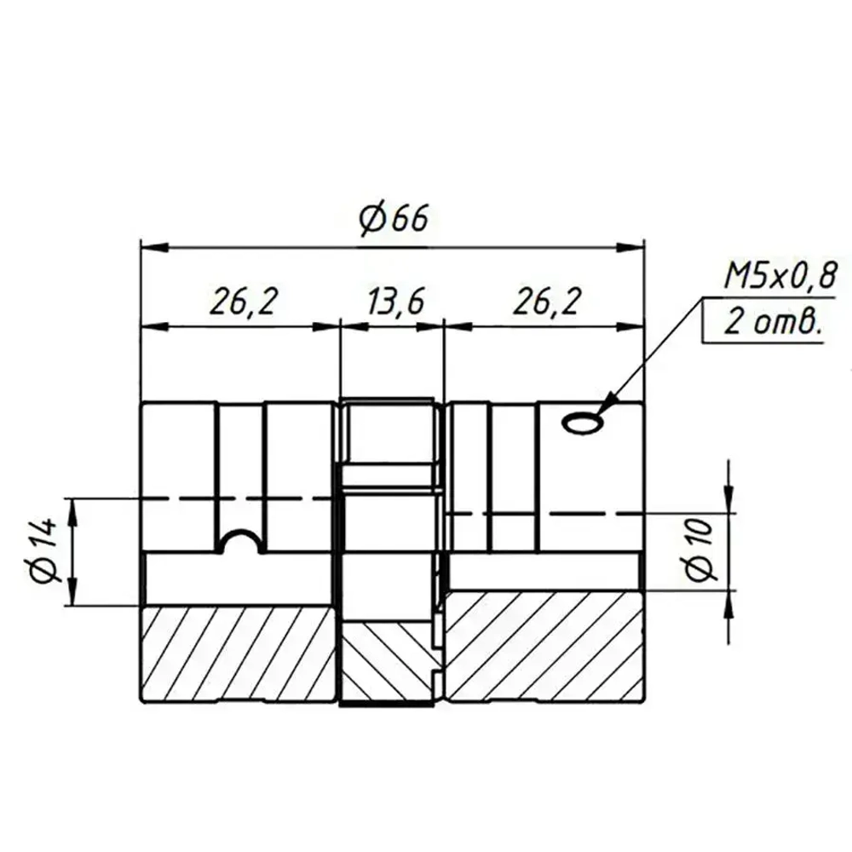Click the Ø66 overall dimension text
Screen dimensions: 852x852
393,219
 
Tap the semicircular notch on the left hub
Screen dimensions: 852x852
241,542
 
